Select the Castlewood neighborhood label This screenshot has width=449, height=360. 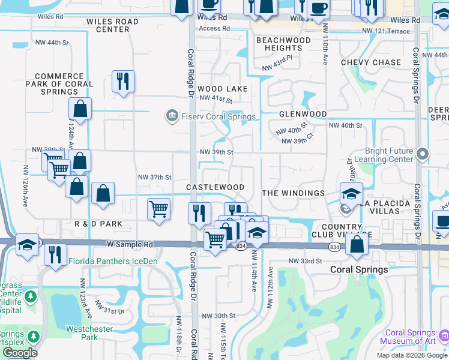(x=215, y=188)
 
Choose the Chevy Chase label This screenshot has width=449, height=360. (x=371, y=62)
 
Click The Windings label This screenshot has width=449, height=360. (x=293, y=193)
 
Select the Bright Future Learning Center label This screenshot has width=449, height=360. (x=390, y=155)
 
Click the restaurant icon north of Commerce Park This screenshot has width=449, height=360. (x=123, y=82)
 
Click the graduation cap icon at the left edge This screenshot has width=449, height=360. (x=27, y=245)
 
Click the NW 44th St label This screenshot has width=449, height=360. (x=53, y=42)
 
